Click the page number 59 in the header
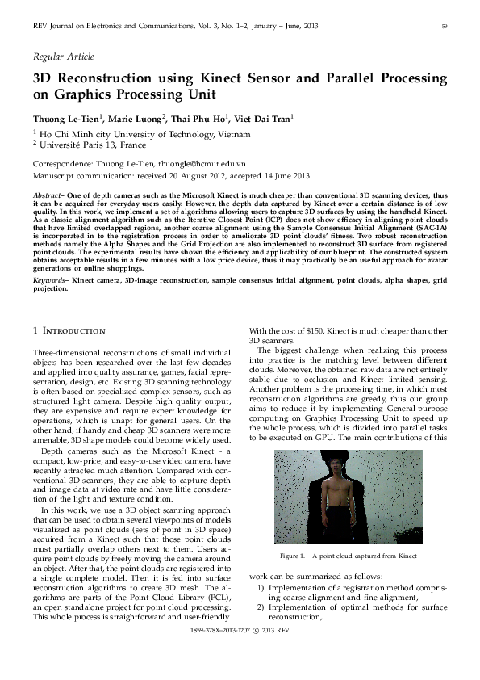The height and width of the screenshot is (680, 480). click(x=445, y=27)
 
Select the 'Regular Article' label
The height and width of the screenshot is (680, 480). click(x=63, y=57)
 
